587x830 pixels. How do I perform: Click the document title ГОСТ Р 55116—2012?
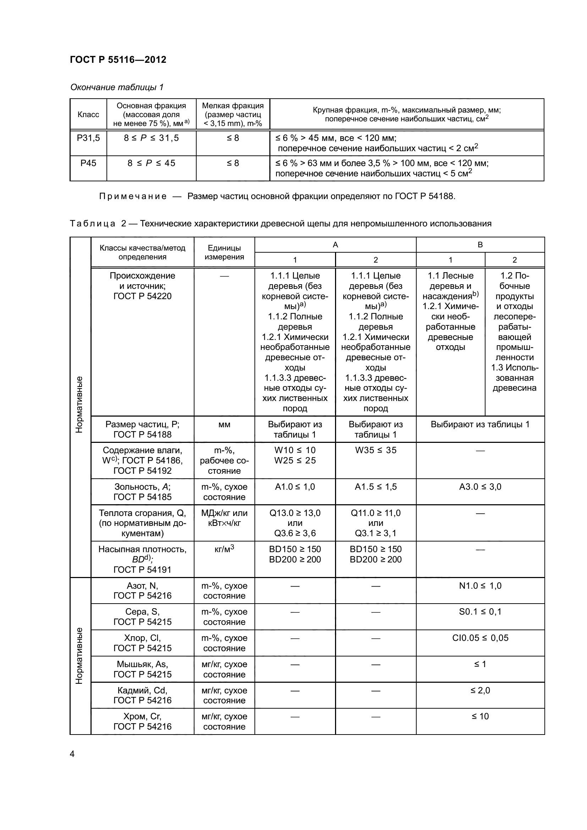(x=118, y=60)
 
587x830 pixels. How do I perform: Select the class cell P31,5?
(x=88, y=138)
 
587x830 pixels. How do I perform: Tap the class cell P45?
(x=88, y=163)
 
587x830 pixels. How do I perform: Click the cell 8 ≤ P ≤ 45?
(x=151, y=163)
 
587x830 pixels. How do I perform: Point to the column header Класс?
(x=88, y=115)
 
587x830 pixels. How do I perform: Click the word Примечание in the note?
(x=133, y=196)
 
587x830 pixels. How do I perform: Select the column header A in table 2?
(x=335, y=245)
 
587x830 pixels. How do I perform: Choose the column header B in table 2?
(x=480, y=245)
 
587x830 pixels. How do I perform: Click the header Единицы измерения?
(x=224, y=252)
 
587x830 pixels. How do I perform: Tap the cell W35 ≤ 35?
(x=375, y=450)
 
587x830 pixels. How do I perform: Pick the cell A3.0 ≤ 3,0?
(x=480, y=487)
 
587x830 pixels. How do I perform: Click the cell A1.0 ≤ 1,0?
(x=295, y=487)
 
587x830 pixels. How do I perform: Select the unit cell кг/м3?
(x=224, y=549)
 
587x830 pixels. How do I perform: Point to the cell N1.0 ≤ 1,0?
(x=480, y=586)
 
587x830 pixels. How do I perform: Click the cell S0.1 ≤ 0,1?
(x=480, y=612)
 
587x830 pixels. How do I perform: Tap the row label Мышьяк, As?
(x=142, y=664)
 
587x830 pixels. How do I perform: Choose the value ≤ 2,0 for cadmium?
(x=480, y=690)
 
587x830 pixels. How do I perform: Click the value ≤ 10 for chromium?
(x=480, y=716)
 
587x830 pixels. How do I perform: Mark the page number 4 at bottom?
(x=72, y=754)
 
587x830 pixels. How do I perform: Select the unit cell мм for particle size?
(x=224, y=424)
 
